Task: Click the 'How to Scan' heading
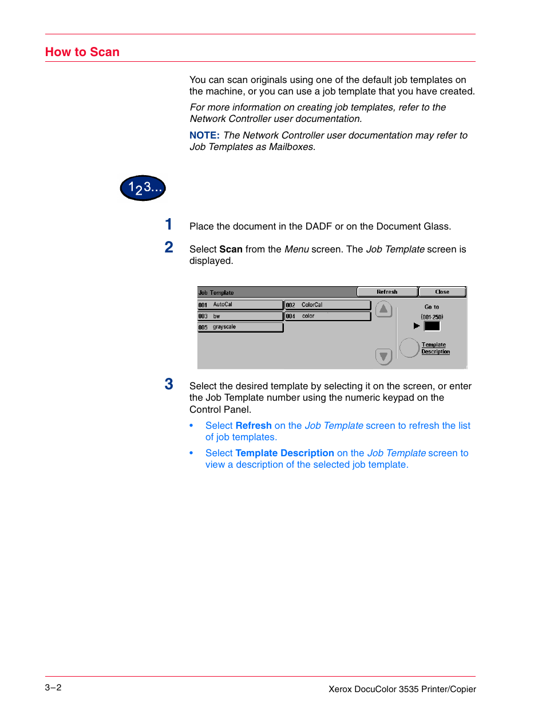82,52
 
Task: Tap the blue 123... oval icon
143,188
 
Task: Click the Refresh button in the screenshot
387,292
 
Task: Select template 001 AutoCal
240,305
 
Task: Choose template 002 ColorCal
327,305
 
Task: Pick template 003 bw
240,316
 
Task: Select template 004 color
327,316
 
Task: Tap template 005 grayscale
240,327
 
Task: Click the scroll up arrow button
383,309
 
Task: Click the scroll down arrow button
383,356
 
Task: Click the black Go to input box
432,326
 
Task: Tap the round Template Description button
409,347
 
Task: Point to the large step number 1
169,224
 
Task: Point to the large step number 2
169,247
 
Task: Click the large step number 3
169,384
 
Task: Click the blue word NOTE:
204,136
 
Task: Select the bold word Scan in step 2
231,250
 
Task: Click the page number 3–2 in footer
53,688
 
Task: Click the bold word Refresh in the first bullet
254,426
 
